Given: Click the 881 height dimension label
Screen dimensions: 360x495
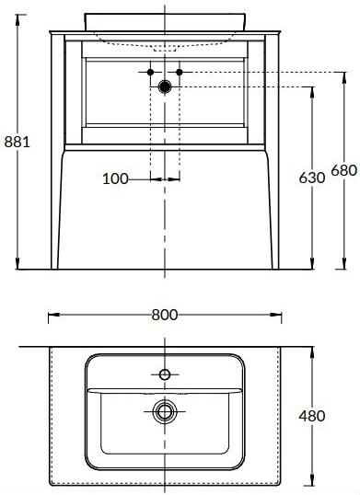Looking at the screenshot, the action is pos(17,142).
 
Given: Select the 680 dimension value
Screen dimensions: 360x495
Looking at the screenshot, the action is pos(344,171).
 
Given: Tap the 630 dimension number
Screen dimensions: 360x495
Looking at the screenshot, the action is pos(312,178).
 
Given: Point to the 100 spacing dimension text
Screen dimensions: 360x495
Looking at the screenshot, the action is pos(115,179).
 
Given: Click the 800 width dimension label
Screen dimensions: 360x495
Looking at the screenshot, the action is pos(165,315).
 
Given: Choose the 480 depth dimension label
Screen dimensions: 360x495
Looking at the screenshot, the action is pos(312,416).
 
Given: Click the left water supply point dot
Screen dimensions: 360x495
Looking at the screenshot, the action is pos(150,73).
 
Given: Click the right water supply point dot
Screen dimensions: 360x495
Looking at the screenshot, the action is pos(180,73).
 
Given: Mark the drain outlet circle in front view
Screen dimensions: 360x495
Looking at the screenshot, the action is pos(165,86).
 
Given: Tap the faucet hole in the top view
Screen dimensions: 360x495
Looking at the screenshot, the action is pos(165,374).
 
